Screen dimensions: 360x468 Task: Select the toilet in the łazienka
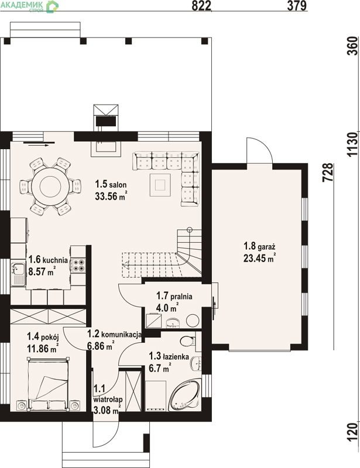pos(188,340)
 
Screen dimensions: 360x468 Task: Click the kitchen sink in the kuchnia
pos(18,274)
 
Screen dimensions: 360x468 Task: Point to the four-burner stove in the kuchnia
pos(78,265)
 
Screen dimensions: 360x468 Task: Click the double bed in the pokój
pos(49,384)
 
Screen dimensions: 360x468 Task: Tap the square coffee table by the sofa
pos(160,185)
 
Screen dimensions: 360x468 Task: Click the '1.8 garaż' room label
pos(259,246)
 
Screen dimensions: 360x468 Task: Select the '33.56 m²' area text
pos(111,196)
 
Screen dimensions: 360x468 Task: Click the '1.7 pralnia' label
pos(174,296)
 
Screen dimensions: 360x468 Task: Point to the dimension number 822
pos(201,5)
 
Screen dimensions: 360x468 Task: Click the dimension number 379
pos(297,5)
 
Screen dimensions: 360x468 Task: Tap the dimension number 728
pos(328,172)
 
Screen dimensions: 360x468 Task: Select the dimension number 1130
pos(352,144)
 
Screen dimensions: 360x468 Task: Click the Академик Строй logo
pos(29,6)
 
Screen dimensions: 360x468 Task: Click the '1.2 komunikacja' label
pos(114,334)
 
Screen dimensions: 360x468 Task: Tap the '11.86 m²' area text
pos(42,348)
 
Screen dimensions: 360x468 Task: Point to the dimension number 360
pos(352,46)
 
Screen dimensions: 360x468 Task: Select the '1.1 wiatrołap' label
pos(108,394)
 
